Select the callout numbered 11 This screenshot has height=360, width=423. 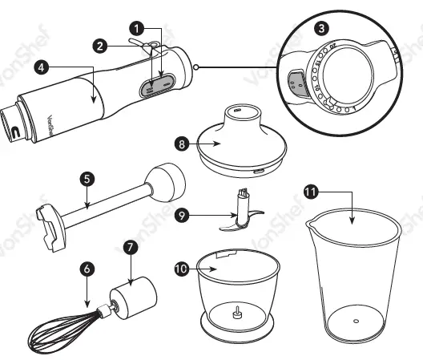(311, 190)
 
